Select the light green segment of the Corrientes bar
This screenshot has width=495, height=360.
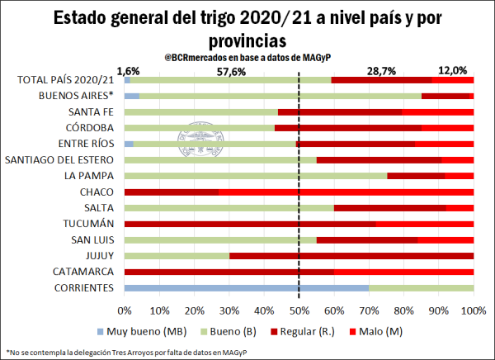click(420, 287)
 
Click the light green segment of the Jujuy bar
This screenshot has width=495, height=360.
click(177, 255)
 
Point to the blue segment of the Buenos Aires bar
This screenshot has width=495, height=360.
click(132, 96)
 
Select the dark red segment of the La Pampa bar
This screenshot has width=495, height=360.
click(416, 176)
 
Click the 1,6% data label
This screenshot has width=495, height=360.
click(129, 72)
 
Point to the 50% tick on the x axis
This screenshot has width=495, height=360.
click(299, 310)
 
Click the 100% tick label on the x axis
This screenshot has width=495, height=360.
click(473, 310)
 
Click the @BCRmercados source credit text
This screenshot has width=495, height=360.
click(247, 58)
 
